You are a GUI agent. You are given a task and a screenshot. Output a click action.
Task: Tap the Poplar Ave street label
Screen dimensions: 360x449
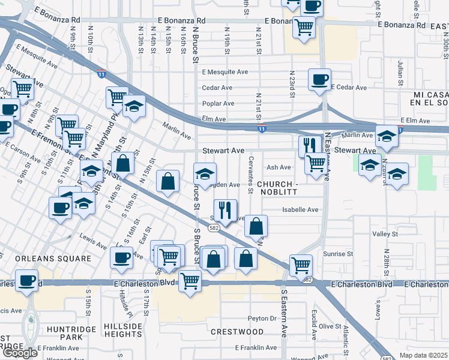coord(218,103)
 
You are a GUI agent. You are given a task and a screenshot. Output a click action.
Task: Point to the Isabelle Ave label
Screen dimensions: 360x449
coord(300,210)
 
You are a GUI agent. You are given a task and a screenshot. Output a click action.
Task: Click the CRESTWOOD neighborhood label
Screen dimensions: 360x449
coord(237,332)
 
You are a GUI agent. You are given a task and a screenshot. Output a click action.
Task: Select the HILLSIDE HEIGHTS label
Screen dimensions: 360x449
coord(124,331)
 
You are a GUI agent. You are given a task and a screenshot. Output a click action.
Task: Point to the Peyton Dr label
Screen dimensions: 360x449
coord(262,319)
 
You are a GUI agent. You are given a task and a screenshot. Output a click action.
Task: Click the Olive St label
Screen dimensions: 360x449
coord(330,326)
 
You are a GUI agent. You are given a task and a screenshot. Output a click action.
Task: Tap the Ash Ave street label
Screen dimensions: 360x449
coord(279,168)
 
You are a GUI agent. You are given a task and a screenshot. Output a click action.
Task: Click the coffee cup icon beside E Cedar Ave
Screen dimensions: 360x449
coord(319,79)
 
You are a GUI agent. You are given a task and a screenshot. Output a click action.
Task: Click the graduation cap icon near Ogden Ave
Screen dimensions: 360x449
coord(205,174)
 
